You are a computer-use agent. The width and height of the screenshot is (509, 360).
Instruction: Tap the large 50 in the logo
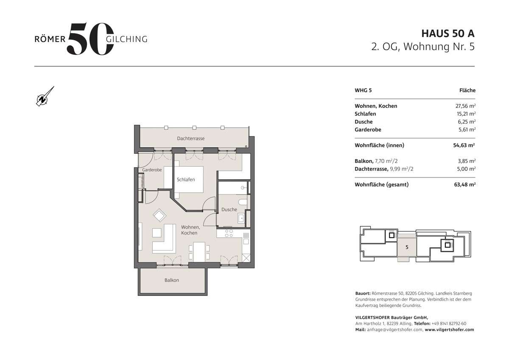tap(90, 39)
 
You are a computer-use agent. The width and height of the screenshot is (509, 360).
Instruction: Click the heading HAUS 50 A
tap(447, 33)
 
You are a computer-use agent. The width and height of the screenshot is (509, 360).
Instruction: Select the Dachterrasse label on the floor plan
tap(191, 138)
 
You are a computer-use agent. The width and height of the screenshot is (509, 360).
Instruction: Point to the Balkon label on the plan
tap(172, 280)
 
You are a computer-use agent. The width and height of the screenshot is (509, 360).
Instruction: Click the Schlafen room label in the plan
tap(186, 180)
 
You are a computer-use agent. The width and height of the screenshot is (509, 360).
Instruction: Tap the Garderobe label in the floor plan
tap(152, 170)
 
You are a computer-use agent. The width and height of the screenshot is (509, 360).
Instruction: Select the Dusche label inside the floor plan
tap(229, 209)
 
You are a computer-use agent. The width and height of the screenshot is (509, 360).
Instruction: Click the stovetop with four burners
tap(229, 233)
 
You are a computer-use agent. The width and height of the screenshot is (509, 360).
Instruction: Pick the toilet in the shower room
tap(242, 202)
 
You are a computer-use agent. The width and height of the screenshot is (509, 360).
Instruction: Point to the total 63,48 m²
tap(464, 185)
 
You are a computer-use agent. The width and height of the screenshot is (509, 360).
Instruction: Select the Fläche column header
tap(467, 90)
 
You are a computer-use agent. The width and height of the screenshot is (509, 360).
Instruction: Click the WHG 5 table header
tap(363, 90)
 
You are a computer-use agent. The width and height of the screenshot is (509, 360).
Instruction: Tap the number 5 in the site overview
tap(407, 247)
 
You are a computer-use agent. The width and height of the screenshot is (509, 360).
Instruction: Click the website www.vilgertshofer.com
tap(449, 329)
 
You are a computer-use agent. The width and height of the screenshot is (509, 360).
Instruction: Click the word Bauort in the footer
tap(363, 293)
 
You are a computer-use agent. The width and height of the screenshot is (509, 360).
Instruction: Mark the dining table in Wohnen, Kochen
tap(199, 251)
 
